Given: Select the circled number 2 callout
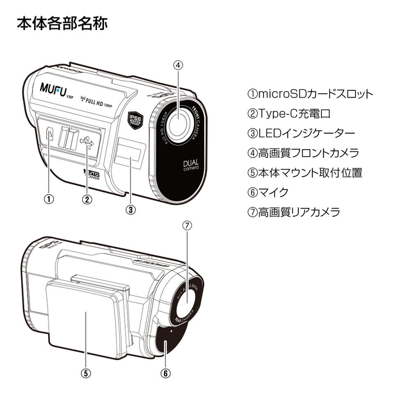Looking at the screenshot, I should [87, 198].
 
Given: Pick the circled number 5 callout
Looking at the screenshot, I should [86, 372].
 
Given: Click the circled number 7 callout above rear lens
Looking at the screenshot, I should [187, 225].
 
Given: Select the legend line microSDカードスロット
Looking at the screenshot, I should [310, 94].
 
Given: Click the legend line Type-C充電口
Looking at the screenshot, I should [289, 113].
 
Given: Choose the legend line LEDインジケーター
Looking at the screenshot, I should [301, 133].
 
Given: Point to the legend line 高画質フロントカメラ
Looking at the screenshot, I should [303, 153].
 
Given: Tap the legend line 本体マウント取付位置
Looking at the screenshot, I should [305, 173].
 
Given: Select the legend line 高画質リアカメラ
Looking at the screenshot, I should [294, 212].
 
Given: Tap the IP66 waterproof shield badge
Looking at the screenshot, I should [136, 120].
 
